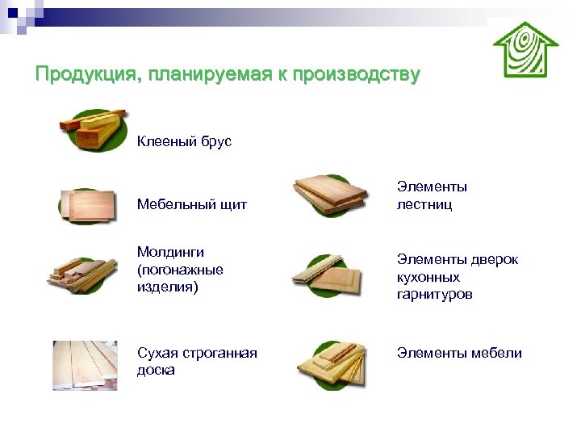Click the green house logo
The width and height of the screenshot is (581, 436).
click(525, 49)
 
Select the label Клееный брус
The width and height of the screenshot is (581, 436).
click(184, 142)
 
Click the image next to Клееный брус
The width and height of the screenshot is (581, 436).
click(92, 129)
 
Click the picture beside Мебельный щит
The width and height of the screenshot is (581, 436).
click(87, 205)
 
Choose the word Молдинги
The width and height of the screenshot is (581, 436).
click(170, 253)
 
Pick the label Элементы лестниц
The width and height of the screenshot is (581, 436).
click(432, 196)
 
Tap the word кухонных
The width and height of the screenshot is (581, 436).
click(427, 277)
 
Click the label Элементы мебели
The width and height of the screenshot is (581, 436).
click(458, 353)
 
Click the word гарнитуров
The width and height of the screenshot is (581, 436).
click(434, 295)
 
